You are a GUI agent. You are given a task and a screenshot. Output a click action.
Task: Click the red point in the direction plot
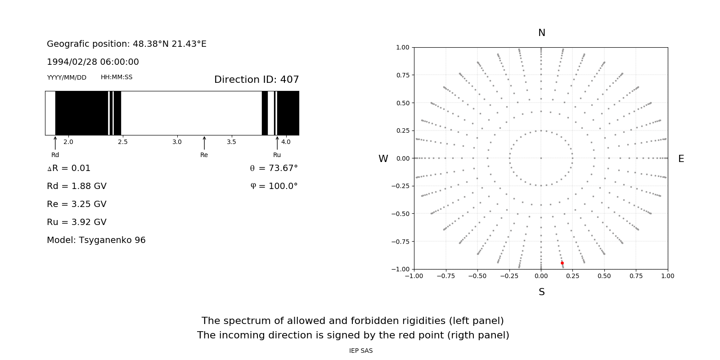click(x=562, y=263)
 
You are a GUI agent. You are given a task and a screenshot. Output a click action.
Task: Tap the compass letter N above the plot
click(x=542, y=33)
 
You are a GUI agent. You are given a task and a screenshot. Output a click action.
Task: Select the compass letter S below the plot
click(x=542, y=292)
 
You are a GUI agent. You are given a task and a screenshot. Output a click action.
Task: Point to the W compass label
click(x=383, y=159)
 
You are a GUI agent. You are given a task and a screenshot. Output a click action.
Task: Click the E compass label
click(x=681, y=159)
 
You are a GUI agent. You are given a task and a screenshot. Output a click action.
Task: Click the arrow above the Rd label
click(x=55, y=143)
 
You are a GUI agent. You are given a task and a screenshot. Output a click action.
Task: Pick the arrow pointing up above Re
click(x=204, y=143)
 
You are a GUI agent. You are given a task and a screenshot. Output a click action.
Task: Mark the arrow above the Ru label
click(x=277, y=143)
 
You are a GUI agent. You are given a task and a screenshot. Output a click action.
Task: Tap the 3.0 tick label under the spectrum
click(x=177, y=142)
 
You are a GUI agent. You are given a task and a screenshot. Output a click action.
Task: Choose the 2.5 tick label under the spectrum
click(x=123, y=142)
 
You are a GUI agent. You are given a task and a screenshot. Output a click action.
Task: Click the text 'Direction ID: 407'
click(x=256, y=80)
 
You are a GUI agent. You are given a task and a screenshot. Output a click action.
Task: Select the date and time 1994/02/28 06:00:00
click(x=93, y=62)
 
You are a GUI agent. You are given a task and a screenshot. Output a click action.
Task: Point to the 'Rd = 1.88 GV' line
click(x=76, y=186)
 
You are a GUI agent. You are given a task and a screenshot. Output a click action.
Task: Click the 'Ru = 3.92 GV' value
click(x=76, y=222)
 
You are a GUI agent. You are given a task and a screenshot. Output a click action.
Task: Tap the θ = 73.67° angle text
click(x=274, y=168)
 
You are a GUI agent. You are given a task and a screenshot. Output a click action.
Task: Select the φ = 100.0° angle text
click(x=274, y=186)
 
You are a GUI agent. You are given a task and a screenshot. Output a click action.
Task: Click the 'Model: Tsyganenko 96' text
click(x=96, y=240)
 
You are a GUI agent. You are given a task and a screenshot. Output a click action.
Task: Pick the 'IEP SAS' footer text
click(x=361, y=351)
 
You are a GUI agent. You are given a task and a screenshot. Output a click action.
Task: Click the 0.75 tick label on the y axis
click(x=402, y=75)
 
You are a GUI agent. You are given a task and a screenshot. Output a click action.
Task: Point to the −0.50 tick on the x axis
click(x=477, y=276)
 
